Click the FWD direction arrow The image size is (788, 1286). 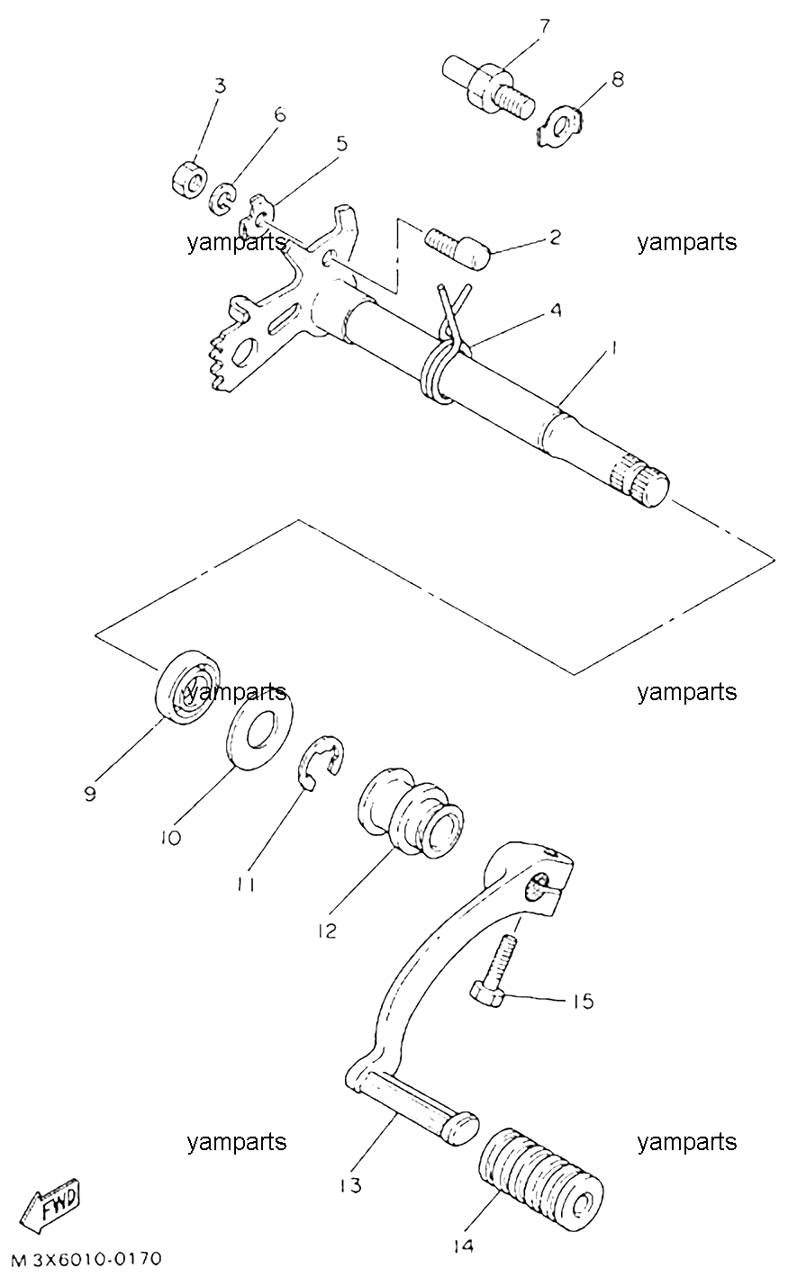(50, 1206)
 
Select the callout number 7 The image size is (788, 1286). (544, 27)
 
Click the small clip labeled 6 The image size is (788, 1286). (222, 199)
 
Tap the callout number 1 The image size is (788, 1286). (612, 347)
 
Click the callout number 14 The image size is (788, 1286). (463, 1246)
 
